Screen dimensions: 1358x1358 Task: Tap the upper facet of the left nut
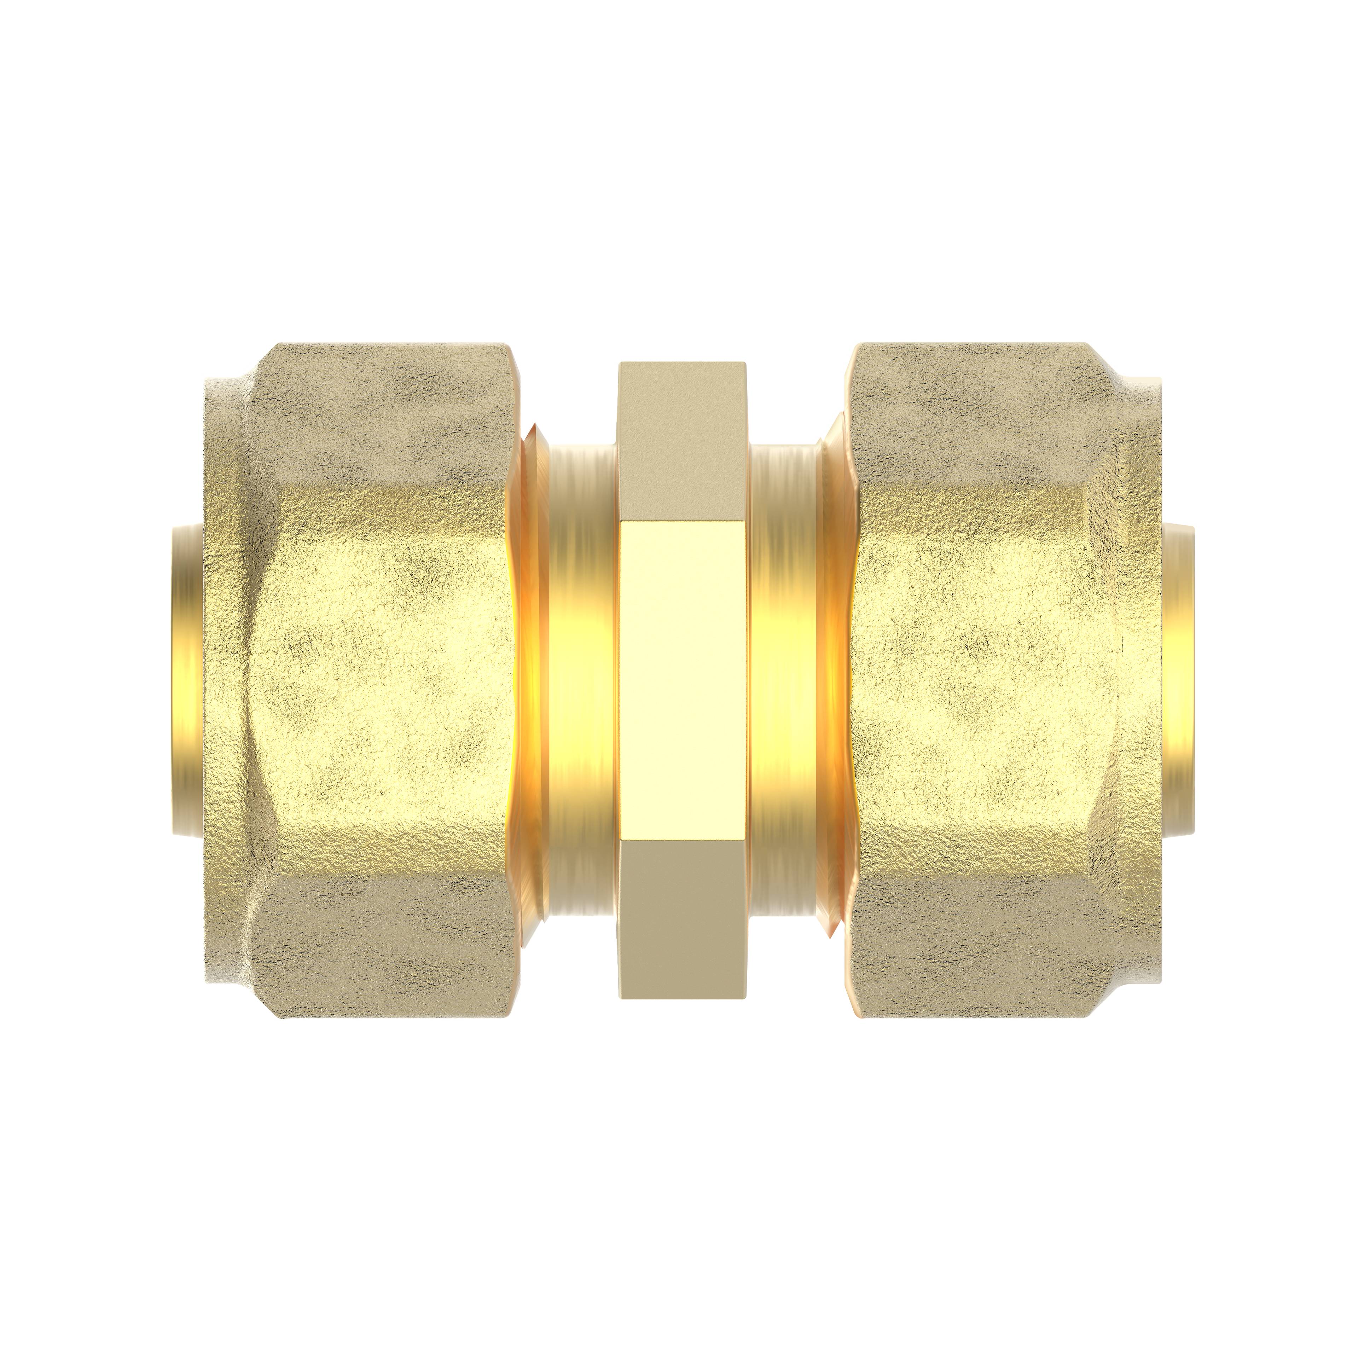coord(379,415)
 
